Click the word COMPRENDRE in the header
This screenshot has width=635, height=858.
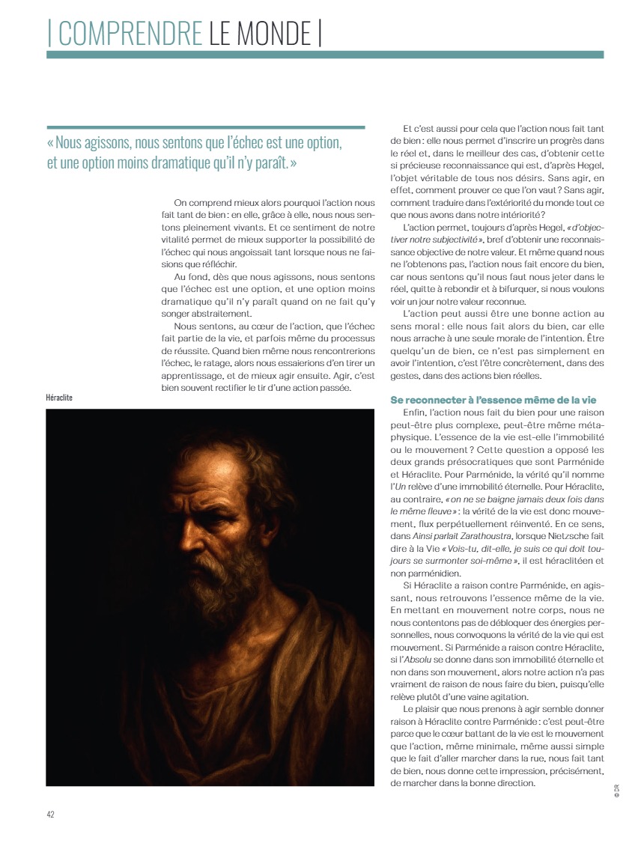(129, 34)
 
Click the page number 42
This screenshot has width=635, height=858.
(50, 815)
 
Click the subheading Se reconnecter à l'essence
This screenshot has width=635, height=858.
(479, 400)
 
